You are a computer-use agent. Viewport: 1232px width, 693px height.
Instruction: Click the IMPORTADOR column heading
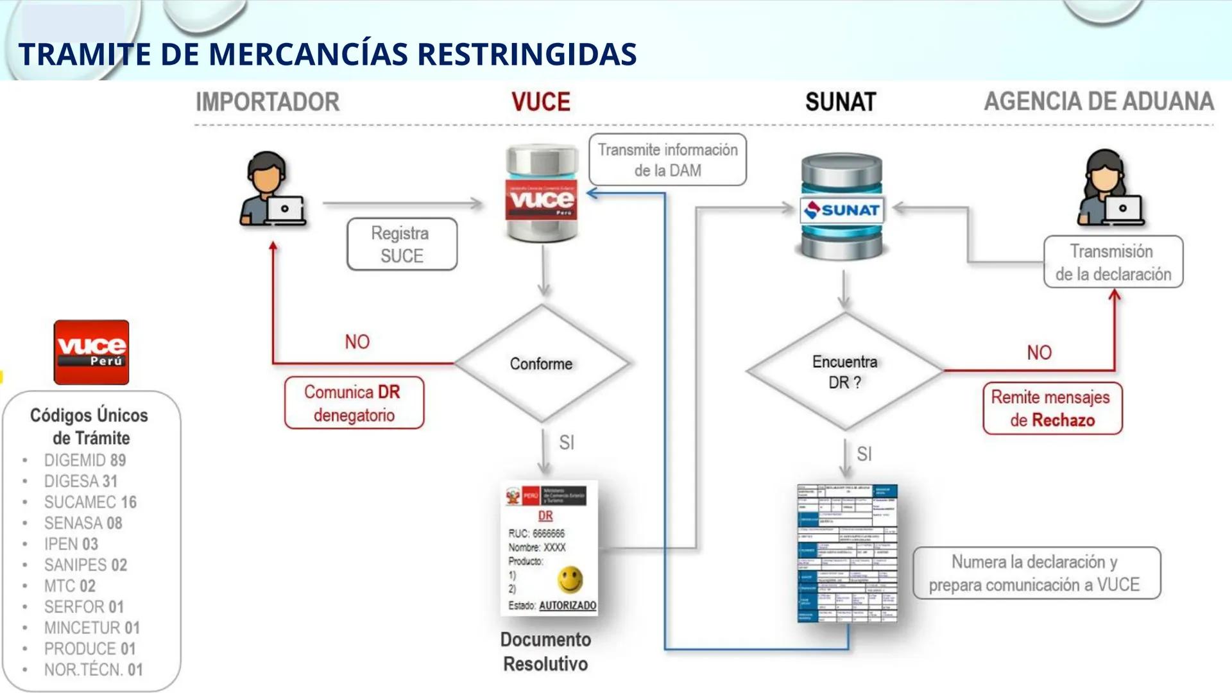tap(268, 102)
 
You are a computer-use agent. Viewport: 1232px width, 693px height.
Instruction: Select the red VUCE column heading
tap(540, 102)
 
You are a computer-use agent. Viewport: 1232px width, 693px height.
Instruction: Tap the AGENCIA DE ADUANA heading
tap(1099, 101)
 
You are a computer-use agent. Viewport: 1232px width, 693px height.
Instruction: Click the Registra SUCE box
tap(402, 244)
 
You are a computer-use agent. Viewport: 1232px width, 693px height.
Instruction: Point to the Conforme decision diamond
tap(542, 364)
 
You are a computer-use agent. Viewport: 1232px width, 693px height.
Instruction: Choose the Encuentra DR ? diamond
tap(844, 372)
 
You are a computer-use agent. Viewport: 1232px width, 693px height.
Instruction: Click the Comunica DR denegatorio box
tap(354, 403)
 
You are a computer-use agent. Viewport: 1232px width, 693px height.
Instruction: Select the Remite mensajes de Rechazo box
tap(1052, 409)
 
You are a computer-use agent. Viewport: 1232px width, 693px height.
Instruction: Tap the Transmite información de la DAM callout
tap(667, 160)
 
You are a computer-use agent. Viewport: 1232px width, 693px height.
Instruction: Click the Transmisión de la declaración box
tap(1113, 262)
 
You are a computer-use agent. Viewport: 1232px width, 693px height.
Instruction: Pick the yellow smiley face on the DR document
tap(570, 579)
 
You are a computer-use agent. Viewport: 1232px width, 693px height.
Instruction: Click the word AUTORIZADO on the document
tap(567, 606)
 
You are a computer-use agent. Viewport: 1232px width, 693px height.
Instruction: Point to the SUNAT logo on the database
tap(843, 210)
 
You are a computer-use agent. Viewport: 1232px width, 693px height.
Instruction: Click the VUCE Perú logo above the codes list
tap(91, 352)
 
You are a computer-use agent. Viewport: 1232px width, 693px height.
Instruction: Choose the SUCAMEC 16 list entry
tap(90, 502)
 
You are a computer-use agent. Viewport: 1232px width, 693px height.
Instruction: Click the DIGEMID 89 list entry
tap(85, 461)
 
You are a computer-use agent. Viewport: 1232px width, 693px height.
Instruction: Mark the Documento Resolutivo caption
tap(545, 651)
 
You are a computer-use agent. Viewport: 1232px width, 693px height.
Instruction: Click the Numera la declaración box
tap(1036, 574)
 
